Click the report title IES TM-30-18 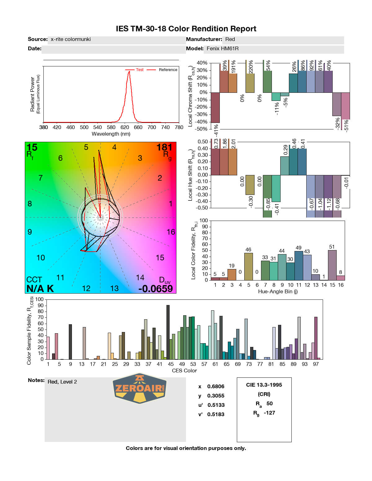coord(186,29)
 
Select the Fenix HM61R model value coord(223,48)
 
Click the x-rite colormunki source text coord(71,39)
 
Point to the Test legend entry coord(139,70)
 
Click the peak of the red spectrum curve coord(129,72)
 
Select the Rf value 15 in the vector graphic coord(32,147)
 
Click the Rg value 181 coord(164,147)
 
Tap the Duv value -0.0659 coord(155,289)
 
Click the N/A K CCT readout coord(40,289)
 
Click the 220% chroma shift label coord(251,67)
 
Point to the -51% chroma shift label coord(346,126)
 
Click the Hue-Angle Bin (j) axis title coord(278,292)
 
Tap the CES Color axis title coord(184,371)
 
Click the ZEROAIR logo coord(139,388)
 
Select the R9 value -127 coord(269,413)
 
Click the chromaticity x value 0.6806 coord(216,386)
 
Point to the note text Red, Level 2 coord(62,382)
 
